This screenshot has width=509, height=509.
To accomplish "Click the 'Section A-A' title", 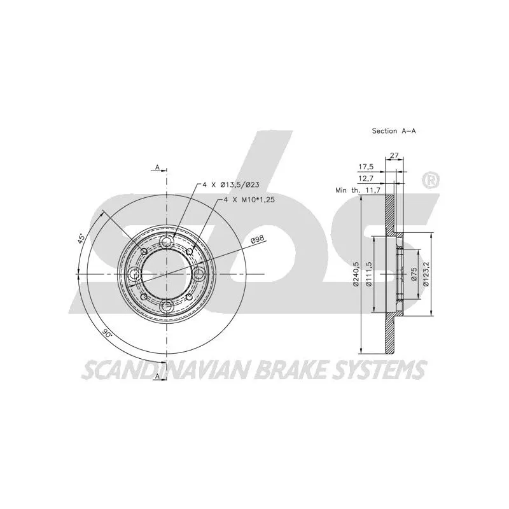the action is [394, 131].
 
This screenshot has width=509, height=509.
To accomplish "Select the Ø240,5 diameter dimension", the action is [356, 274].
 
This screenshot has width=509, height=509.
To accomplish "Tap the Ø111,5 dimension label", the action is [368, 274].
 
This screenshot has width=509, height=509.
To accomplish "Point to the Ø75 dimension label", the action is [413, 274].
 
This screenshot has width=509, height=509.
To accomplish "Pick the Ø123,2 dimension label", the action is [426, 274].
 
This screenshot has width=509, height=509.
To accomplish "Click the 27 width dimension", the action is [394, 155].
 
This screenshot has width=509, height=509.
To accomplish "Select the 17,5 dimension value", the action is [366, 167].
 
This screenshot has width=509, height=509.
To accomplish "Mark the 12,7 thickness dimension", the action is [366, 179].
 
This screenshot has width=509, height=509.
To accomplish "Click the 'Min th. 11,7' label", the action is [358, 190].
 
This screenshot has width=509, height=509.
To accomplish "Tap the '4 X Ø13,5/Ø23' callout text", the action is [231, 185].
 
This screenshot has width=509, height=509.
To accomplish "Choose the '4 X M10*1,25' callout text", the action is [249, 200].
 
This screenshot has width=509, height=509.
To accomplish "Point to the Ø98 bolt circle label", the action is [258, 241].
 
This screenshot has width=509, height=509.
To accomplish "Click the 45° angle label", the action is [81, 239].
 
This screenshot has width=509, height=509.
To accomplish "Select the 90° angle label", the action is [107, 333].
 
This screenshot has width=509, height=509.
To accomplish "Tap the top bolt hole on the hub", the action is [167, 241].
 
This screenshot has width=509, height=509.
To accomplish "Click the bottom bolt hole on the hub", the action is [167, 306].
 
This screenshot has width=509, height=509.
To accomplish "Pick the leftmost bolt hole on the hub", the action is [134, 274].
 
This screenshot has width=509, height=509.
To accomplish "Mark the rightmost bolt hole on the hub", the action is [199, 274].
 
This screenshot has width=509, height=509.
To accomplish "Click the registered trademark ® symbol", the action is [431, 181].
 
